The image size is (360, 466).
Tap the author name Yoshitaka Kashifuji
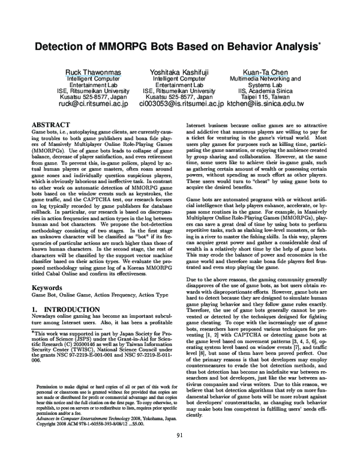(x=179, y=72)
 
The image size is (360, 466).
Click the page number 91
(x=180, y=452)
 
